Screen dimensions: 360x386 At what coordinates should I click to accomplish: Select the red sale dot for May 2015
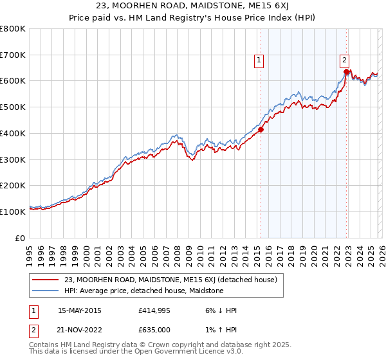coord(261,129)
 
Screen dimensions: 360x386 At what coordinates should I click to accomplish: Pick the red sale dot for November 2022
coord(346,72)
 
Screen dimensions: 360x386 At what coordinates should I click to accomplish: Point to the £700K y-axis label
coord(13,55)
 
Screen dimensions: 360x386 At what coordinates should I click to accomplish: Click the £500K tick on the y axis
coord(13,107)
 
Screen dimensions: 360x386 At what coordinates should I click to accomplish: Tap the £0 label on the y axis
coord(21,237)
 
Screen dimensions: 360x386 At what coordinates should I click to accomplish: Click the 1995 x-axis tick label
coord(30,251)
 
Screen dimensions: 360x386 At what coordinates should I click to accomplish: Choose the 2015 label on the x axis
coord(256,251)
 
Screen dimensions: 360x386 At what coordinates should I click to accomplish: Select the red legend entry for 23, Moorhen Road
coord(170,280)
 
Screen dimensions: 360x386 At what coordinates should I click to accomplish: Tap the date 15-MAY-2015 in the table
coord(80,310)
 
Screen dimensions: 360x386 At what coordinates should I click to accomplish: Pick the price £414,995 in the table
coord(154,310)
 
